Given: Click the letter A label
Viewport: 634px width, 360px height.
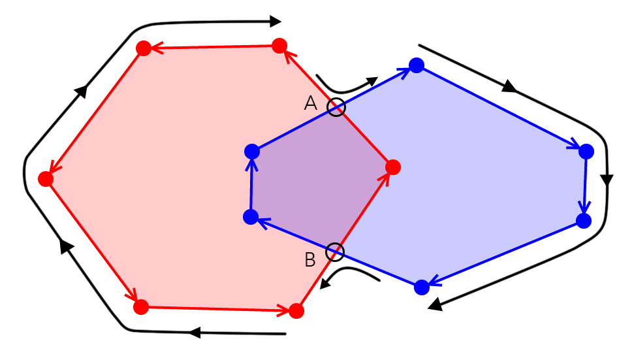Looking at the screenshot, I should tap(311, 103).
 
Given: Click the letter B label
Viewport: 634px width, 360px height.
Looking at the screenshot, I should tap(310, 259).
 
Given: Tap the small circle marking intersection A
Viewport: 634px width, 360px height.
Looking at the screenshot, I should tap(336, 107).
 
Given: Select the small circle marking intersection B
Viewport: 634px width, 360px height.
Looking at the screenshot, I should tap(334, 251).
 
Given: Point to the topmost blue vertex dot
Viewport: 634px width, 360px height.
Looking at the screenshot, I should tap(417, 65).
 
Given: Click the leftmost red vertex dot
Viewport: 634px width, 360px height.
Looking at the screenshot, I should tap(46, 179).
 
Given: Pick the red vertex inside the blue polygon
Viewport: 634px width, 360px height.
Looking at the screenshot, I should tap(392, 167).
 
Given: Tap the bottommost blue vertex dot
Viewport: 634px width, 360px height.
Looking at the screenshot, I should tap(422, 286).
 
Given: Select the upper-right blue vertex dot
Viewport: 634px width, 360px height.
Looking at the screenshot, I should tap(586, 152).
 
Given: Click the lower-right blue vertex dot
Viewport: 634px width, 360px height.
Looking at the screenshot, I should tap(584, 220).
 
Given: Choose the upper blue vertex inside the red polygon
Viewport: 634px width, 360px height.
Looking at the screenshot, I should tap(252, 152).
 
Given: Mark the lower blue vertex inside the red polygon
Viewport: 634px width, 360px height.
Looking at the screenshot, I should tap(250, 217).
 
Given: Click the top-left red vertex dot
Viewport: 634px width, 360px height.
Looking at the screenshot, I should tap(143, 48).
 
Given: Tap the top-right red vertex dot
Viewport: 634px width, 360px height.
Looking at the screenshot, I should tap(279, 45).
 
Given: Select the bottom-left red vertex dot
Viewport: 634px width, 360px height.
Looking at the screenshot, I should tap(140, 305).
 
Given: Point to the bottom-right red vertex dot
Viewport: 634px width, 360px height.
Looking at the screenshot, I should tap(296, 310).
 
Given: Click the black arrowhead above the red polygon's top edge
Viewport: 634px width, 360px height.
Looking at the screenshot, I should tap(276, 21).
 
